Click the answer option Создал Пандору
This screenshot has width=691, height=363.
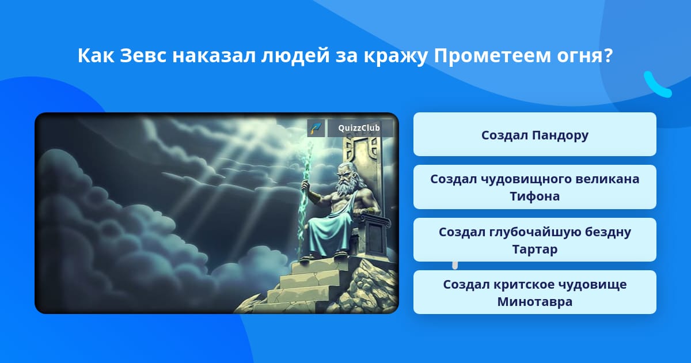[534, 134]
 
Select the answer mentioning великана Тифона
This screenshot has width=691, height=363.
[534, 187]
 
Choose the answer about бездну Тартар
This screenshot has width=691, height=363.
[534, 240]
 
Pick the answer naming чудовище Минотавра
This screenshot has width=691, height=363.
[534, 292]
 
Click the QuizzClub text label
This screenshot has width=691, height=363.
[359, 128]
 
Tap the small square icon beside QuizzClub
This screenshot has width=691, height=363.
[316, 128]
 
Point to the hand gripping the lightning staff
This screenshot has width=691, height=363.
[305, 185]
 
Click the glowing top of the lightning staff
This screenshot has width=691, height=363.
[309, 148]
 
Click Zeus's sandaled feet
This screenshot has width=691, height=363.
[324, 256]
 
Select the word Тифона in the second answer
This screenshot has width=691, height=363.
[534, 196]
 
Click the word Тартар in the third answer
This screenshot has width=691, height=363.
[534, 249]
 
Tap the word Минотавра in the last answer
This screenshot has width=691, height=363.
[534, 301]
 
